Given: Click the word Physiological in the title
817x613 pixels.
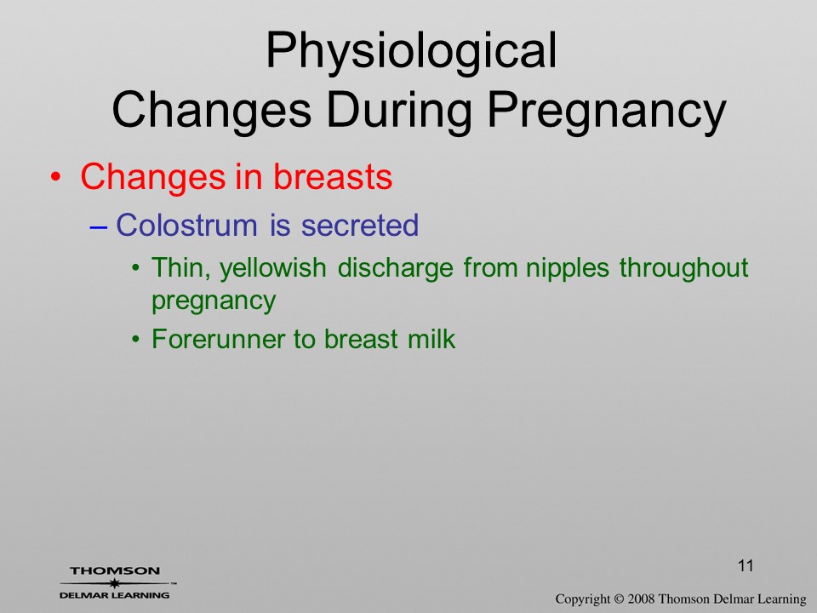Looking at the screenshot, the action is [411, 52].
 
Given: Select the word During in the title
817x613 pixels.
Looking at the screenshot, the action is [398, 110].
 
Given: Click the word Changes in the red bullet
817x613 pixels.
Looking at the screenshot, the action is [153, 178].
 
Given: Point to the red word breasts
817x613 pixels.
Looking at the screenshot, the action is [333, 176].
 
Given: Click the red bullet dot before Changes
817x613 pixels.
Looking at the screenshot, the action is [56, 177].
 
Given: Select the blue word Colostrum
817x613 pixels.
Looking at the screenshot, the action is [186, 225].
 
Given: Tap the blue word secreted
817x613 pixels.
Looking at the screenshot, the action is [360, 225].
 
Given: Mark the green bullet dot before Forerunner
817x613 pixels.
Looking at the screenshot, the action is [136, 340].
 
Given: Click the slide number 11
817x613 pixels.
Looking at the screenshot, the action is [746, 565].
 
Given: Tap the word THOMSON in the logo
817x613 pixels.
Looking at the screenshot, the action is [115, 571].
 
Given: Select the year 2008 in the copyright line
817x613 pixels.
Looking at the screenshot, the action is [642, 599].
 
